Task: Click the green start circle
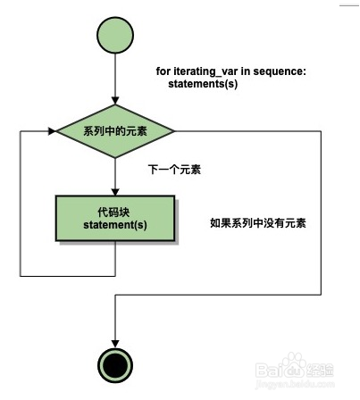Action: click(x=115, y=35)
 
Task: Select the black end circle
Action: click(x=115, y=365)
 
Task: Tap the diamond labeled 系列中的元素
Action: click(x=115, y=131)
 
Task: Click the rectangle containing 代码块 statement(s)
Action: click(x=115, y=218)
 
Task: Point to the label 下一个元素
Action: click(x=174, y=170)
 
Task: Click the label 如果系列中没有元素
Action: click(x=258, y=222)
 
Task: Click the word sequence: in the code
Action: click(x=280, y=71)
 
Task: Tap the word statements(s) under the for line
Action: click(x=203, y=84)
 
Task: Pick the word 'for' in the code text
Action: click(x=163, y=71)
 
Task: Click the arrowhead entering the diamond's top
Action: click(x=115, y=100)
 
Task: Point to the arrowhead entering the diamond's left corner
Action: click(x=52, y=131)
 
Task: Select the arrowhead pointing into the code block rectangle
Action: click(x=115, y=192)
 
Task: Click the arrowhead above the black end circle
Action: click(x=115, y=344)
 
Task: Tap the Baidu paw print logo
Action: click(x=294, y=365)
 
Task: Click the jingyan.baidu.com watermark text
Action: click(x=295, y=384)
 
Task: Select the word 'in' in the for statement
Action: click(x=246, y=71)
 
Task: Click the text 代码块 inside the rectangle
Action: click(x=113, y=212)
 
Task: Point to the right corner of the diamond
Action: click(x=174, y=131)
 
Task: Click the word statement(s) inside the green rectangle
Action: click(x=115, y=225)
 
